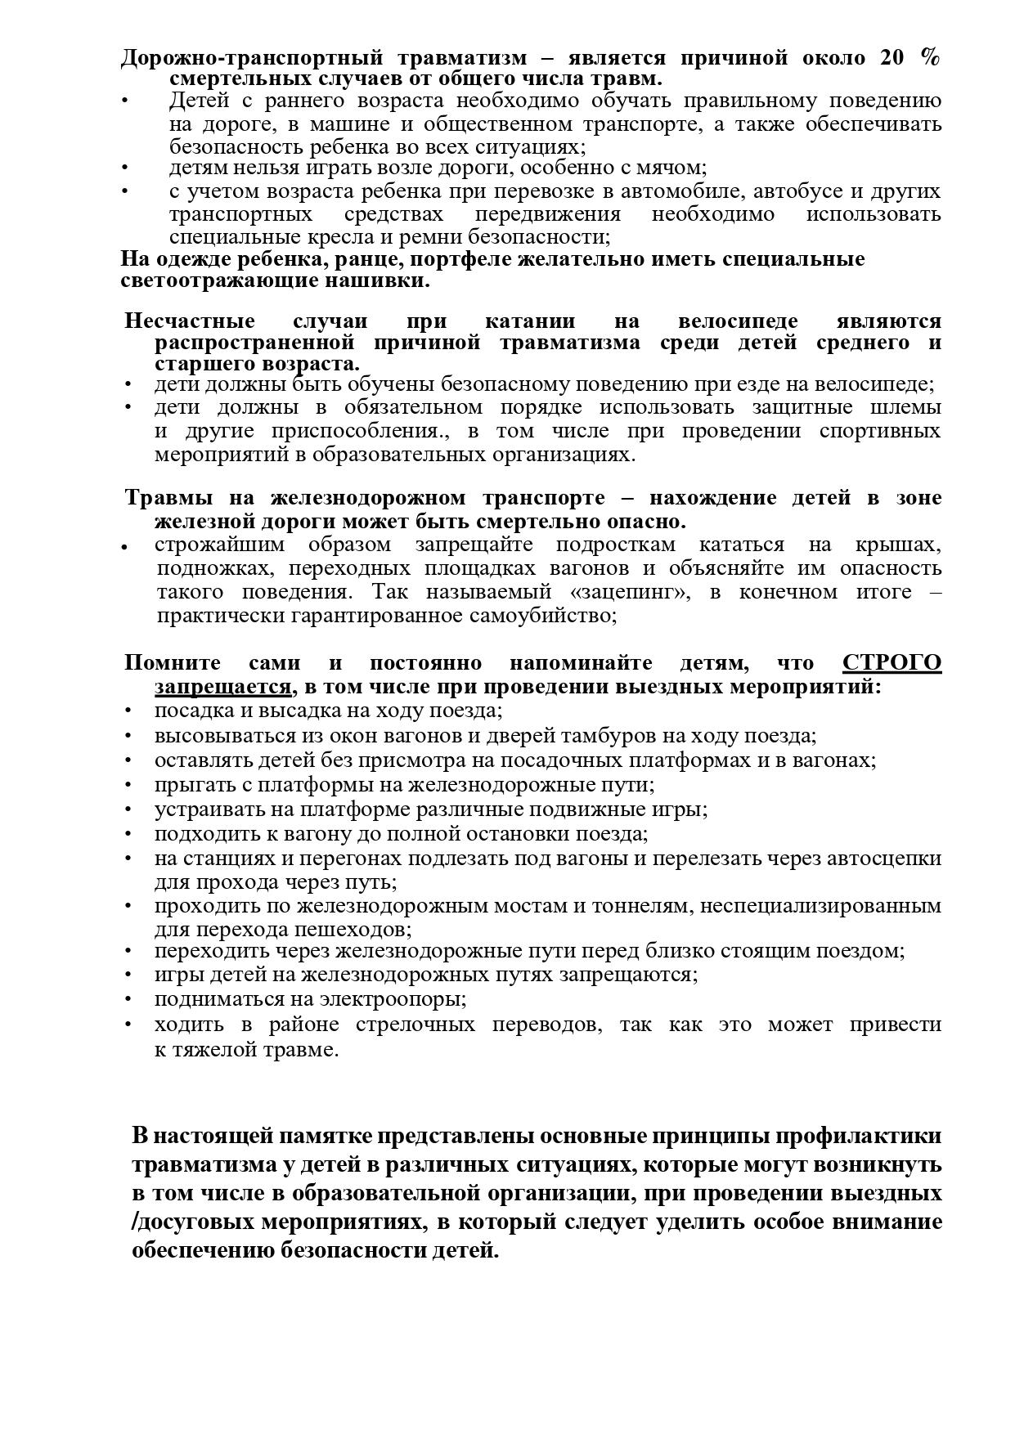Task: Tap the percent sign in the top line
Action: point(929,57)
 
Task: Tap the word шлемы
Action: point(909,407)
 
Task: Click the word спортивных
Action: point(879,431)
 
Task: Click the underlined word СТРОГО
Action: point(891,662)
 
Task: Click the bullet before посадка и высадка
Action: point(128,711)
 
